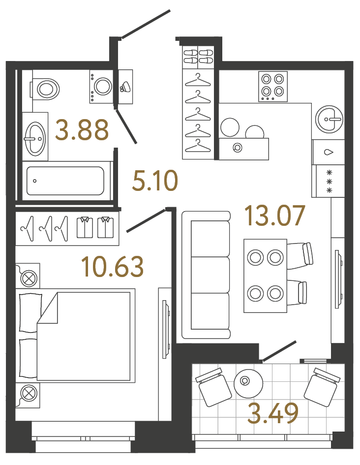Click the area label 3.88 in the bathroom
(x=82, y=130)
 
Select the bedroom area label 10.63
(x=113, y=266)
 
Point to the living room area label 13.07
(x=275, y=216)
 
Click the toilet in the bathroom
(x=45, y=89)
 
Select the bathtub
(x=65, y=181)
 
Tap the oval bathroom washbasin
(x=34, y=138)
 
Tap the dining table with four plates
(x=265, y=276)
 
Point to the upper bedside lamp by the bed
(x=28, y=278)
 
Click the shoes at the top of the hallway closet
(x=198, y=56)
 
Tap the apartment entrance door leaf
(x=146, y=23)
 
